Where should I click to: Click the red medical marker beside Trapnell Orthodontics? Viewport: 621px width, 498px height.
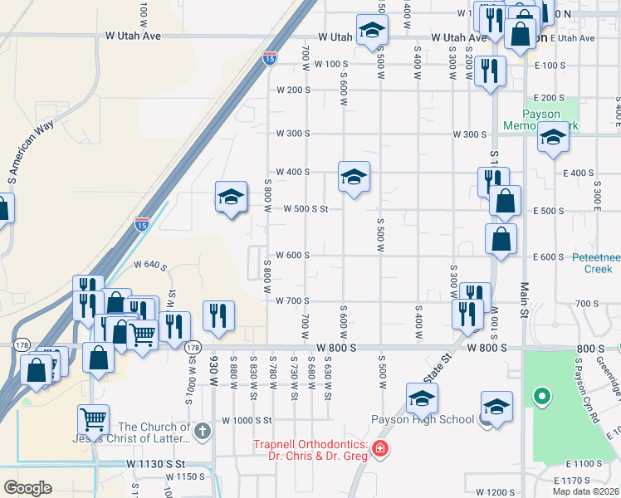tap(380, 449)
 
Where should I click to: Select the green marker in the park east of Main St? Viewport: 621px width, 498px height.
tap(542, 398)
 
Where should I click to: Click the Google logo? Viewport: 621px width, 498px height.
tap(27, 487)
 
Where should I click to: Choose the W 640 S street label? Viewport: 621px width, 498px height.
tap(150, 265)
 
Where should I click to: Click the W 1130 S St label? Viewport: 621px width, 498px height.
tap(155, 463)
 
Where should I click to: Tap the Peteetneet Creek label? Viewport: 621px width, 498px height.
tap(595, 262)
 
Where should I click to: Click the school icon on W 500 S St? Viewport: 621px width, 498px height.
tap(232, 197)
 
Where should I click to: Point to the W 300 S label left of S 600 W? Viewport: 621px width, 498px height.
tap(293, 134)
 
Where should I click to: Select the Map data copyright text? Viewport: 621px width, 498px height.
tap(586, 491)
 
